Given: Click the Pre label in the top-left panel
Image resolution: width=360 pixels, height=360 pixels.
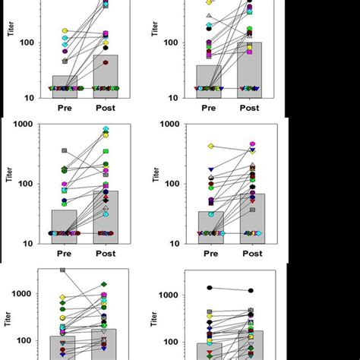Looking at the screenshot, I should point(65,108).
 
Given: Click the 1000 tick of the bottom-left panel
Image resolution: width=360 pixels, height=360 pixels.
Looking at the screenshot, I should point(28,294).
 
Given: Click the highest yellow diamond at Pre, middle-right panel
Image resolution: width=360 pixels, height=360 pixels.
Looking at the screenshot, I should point(210,146).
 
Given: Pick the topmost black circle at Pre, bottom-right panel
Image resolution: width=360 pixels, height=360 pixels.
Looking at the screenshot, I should point(210,288).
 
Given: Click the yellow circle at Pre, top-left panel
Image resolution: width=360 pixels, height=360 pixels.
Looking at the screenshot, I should point(65,31).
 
